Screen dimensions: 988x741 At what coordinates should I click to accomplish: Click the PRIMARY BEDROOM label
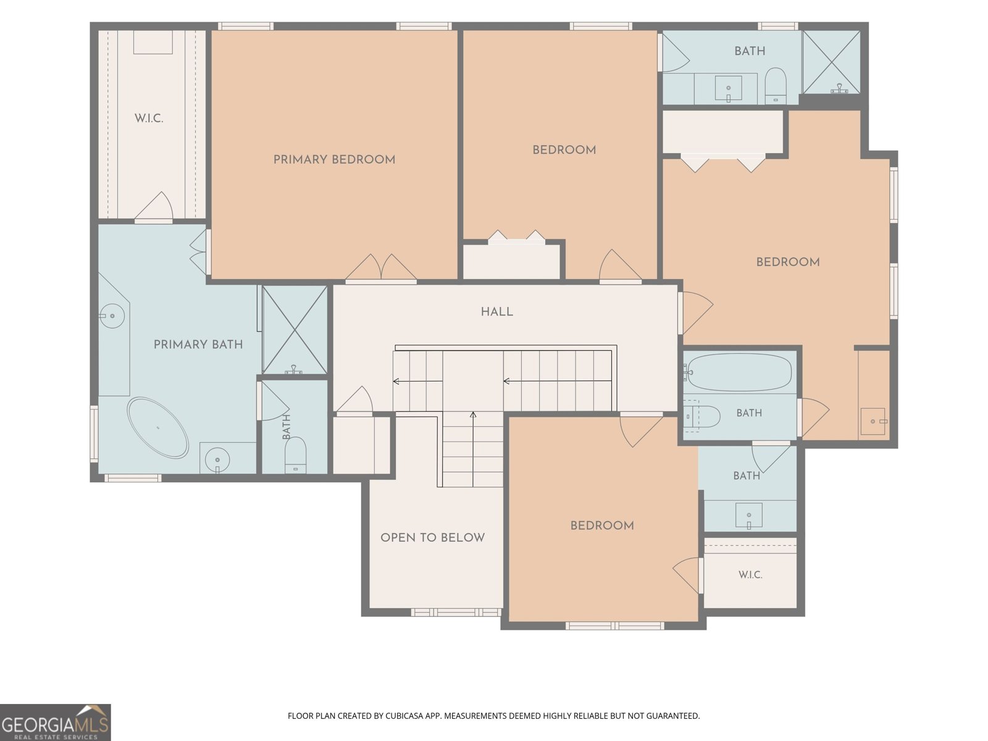click(x=335, y=160)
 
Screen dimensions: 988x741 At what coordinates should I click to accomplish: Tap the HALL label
click(x=497, y=312)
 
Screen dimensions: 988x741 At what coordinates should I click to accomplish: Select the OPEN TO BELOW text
click(x=433, y=538)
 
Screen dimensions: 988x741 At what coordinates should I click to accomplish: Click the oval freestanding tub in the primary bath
click(x=157, y=427)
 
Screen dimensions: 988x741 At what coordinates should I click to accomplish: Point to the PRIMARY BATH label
click(x=198, y=345)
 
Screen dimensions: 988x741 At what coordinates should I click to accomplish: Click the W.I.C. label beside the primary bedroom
click(x=149, y=119)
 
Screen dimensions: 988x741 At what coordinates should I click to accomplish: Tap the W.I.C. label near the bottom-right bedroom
click(x=750, y=574)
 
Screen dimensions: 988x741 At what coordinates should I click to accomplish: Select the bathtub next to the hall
click(x=739, y=372)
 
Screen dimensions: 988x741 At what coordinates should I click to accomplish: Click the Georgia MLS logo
click(x=55, y=722)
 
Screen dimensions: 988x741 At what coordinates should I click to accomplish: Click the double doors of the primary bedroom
click(x=381, y=268)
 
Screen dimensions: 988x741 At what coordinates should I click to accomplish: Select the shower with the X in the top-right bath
click(x=831, y=62)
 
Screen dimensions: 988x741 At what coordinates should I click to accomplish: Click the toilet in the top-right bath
click(x=776, y=85)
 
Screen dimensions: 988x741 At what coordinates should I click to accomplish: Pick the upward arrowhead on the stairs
click(x=473, y=414)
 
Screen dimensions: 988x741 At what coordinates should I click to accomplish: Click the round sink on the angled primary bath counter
click(x=112, y=316)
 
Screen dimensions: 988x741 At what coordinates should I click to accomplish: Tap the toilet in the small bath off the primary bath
click(x=295, y=455)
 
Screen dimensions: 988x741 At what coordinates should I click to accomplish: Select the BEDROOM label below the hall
click(x=602, y=525)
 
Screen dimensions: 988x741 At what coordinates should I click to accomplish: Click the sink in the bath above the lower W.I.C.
click(x=749, y=515)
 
